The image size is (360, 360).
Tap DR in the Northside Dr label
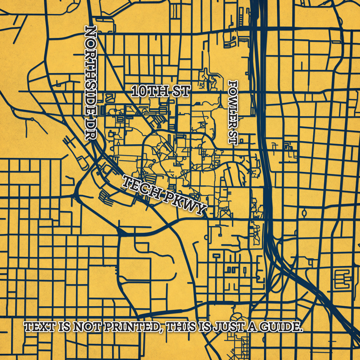point(91,128)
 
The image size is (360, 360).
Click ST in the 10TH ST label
point(181,91)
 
